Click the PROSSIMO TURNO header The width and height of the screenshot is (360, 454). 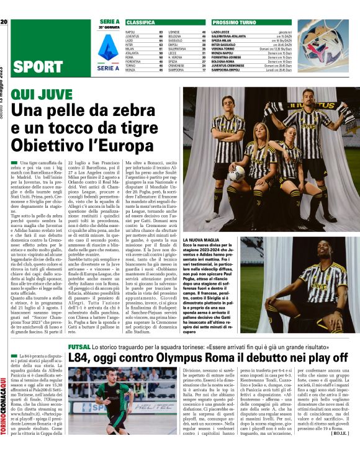tap(236, 22)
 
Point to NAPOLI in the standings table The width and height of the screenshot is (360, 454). tap(130, 31)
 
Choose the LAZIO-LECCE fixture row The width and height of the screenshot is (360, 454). tap(221, 31)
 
